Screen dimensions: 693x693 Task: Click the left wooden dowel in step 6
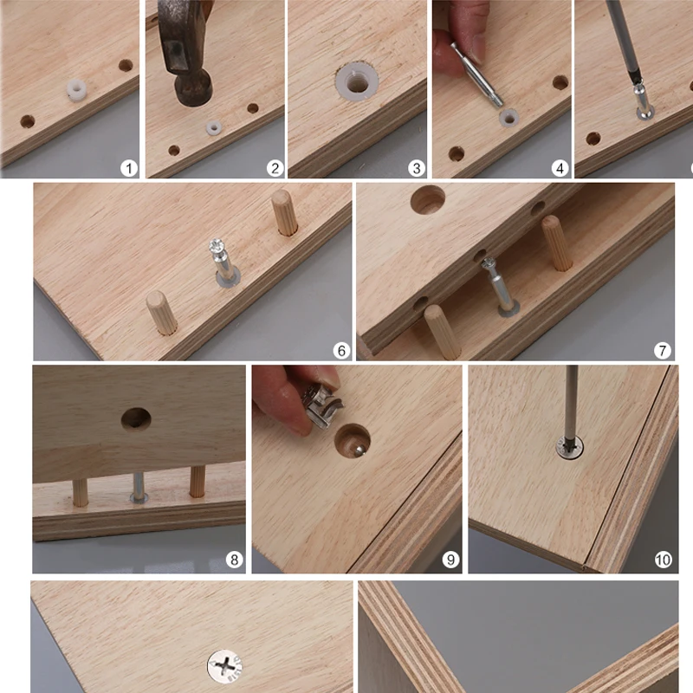coord(161,313)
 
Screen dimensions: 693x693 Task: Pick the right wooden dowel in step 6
coord(284,213)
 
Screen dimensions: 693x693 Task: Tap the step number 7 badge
coord(663,351)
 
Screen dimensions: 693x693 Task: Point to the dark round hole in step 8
coord(136,419)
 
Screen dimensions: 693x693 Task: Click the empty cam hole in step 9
coord(352,442)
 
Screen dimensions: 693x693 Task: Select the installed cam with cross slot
coord(225,667)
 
